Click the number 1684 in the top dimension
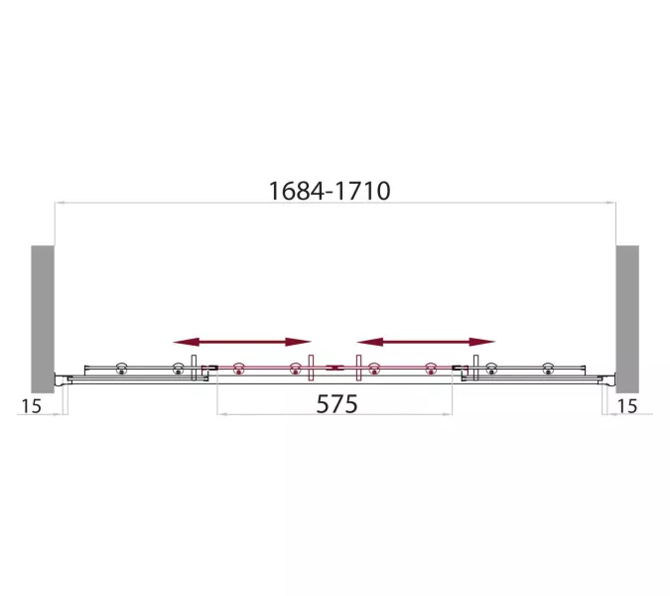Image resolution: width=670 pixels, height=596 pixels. tap(297, 191)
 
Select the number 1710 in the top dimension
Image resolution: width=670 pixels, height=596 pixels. tap(361, 191)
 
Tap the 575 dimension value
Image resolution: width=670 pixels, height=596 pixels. tap(336, 404)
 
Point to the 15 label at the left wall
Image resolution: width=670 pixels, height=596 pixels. tap(31, 406)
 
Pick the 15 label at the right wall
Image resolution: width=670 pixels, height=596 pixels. tap(627, 406)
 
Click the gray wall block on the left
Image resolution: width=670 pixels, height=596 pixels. tap(43, 319)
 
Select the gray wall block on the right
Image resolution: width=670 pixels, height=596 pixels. tap(627, 319)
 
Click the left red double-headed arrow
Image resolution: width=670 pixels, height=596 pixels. tap(242, 342)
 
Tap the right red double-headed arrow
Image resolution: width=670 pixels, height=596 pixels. tap(426, 342)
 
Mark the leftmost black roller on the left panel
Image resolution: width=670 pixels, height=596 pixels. tap(122, 369)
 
